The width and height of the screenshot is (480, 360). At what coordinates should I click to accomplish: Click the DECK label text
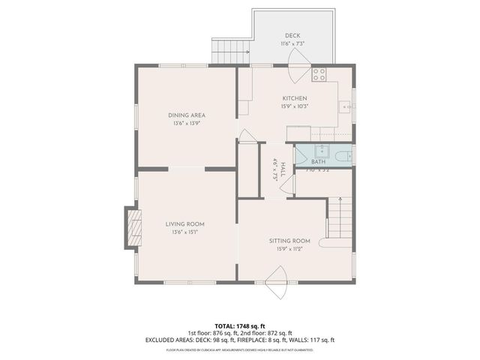(x=292, y=36)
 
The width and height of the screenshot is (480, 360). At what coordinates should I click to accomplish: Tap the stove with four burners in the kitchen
(x=319, y=74)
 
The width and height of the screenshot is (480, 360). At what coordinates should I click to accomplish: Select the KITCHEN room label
(x=294, y=98)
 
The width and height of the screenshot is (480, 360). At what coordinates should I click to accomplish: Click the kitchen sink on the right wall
(x=346, y=107)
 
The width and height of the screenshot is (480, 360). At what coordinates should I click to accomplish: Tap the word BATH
(x=318, y=161)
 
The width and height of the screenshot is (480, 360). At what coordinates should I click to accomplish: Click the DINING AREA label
(x=187, y=115)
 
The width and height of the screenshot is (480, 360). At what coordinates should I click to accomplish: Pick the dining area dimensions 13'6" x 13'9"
(x=187, y=124)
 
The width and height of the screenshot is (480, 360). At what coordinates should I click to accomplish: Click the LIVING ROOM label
(x=184, y=223)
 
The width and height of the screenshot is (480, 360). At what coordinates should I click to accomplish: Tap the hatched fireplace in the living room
(x=132, y=227)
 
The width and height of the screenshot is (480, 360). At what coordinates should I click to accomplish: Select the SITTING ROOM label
(x=289, y=241)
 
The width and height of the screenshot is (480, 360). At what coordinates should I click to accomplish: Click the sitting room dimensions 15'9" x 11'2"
(x=289, y=249)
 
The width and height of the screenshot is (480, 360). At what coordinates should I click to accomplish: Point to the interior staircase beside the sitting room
(x=340, y=217)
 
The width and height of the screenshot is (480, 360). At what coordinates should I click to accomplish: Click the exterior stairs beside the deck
(x=225, y=52)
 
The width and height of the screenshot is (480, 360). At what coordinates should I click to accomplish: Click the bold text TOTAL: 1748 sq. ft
(x=240, y=326)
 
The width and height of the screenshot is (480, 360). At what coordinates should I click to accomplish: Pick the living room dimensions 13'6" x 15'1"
(x=184, y=232)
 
